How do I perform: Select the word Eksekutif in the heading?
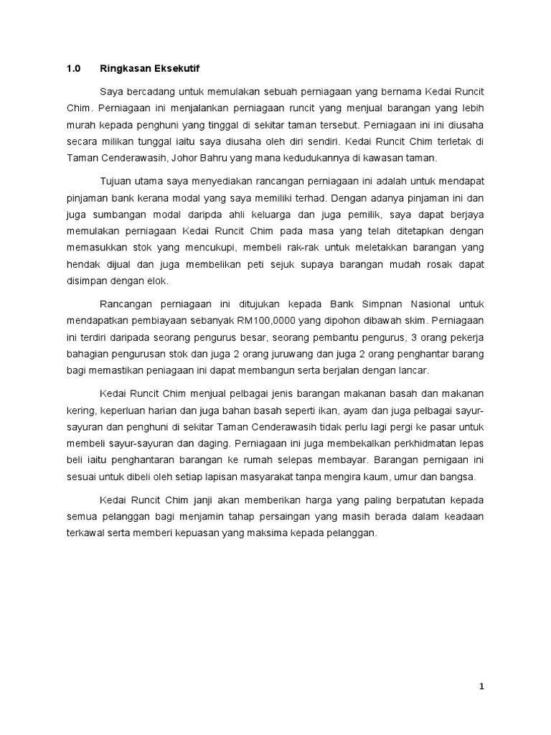(x=176, y=69)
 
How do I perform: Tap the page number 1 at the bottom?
(x=482, y=686)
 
